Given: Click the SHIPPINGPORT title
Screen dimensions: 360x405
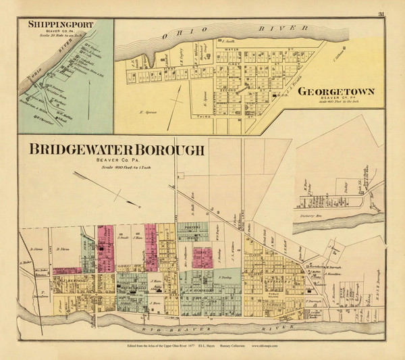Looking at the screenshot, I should tap(61, 26).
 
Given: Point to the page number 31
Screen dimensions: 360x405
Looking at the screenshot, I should tap(381, 14).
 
